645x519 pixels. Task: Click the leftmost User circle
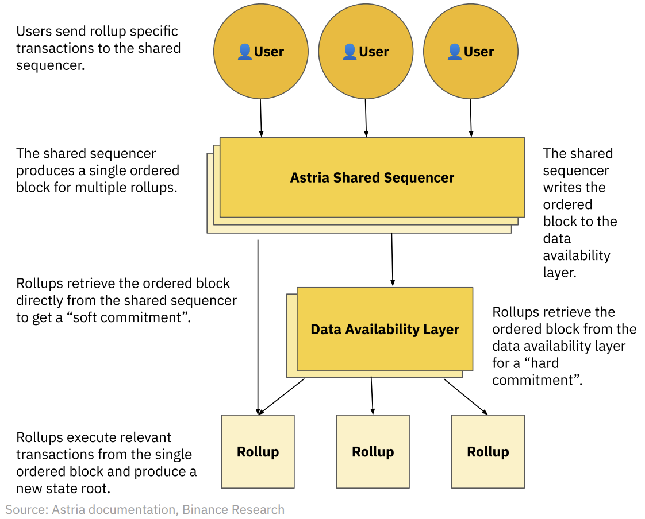(x=260, y=51)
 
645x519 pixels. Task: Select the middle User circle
(x=366, y=51)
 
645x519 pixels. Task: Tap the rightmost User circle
(x=470, y=51)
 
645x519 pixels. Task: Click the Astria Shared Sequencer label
(x=372, y=177)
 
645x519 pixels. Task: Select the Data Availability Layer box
(x=385, y=329)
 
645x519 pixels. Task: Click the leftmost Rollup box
(x=258, y=451)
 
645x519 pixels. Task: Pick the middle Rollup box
(x=373, y=451)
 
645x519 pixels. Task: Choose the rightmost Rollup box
(x=487, y=451)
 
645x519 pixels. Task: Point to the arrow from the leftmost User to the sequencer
(x=261, y=118)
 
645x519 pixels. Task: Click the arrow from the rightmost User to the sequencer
(x=471, y=118)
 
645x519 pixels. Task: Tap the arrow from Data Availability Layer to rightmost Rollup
(x=465, y=396)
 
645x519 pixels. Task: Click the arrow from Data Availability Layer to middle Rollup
(x=372, y=395)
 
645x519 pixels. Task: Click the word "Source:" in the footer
(x=26, y=509)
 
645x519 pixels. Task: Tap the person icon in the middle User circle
(x=350, y=52)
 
